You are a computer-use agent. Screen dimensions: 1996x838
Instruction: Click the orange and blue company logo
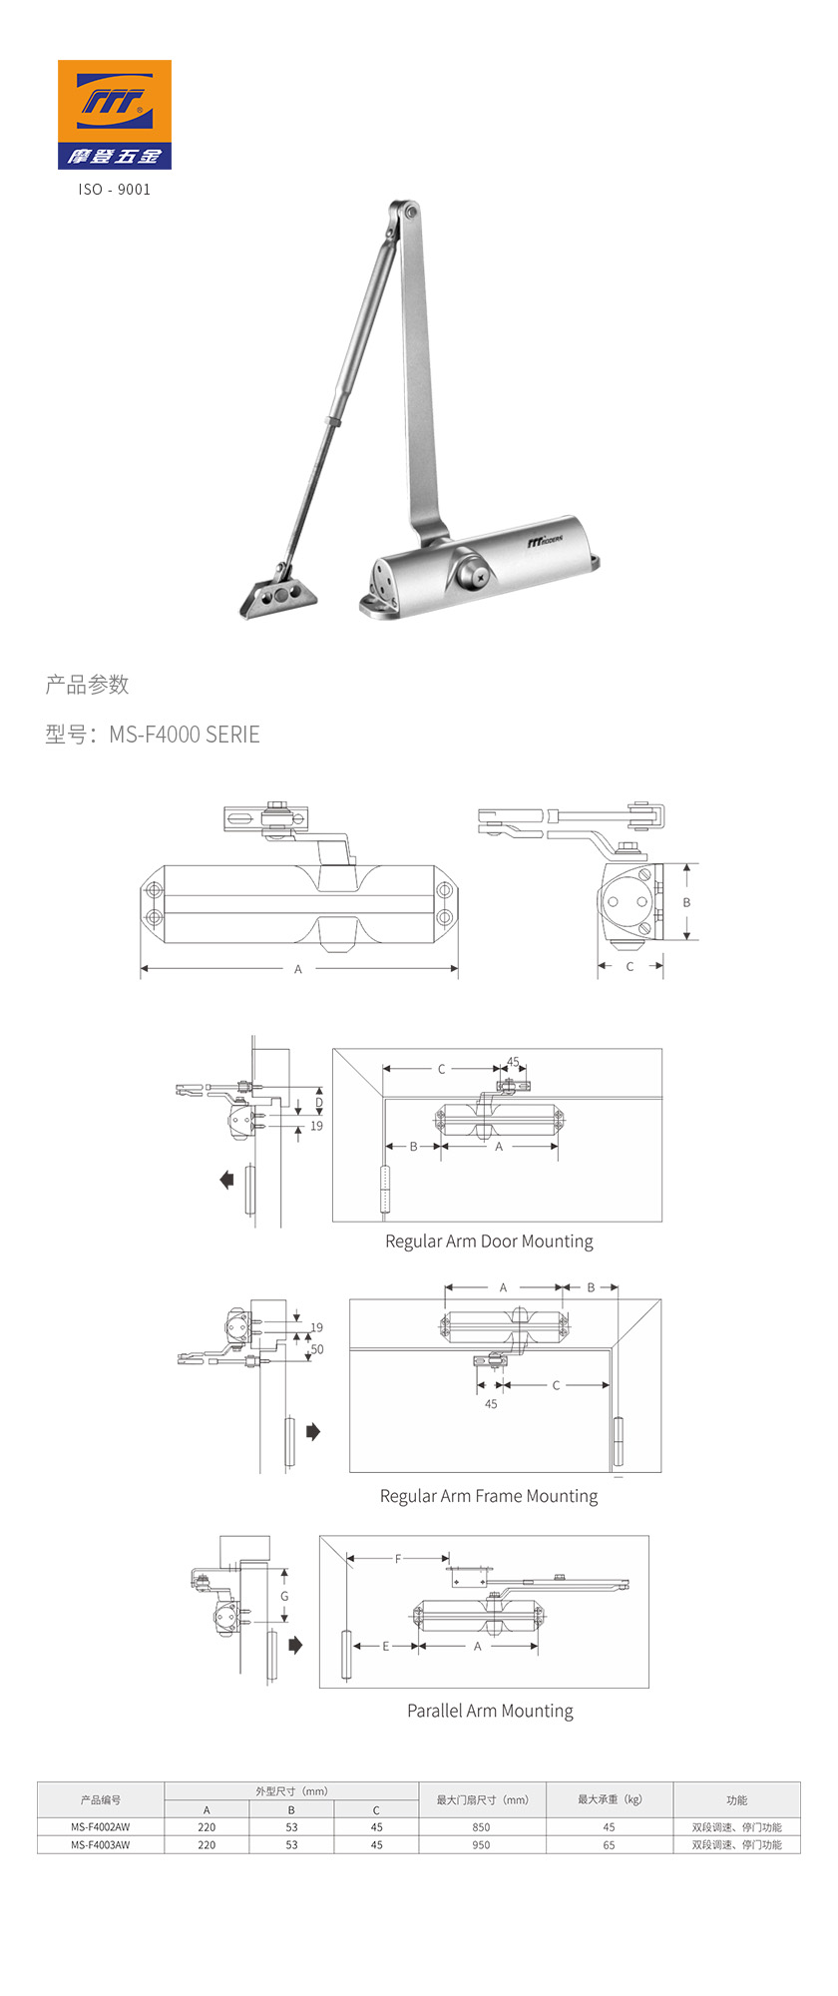[114, 114]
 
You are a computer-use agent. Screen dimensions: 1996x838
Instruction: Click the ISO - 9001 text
[114, 189]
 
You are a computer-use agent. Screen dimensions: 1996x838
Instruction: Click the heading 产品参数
[87, 685]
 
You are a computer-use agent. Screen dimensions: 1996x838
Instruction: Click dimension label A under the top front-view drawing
[297, 969]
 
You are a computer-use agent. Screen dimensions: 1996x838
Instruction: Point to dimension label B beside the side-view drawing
[686, 902]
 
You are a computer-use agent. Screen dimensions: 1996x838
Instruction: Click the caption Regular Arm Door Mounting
[489, 1242]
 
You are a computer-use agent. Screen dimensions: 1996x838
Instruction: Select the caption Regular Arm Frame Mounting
[489, 1496]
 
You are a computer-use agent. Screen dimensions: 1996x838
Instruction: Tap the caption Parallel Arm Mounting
[490, 1711]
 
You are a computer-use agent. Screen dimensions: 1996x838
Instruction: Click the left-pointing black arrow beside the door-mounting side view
[226, 1180]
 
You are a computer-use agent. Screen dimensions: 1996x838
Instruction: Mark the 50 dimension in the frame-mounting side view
[317, 1348]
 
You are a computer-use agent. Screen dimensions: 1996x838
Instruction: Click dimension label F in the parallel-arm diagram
[397, 1559]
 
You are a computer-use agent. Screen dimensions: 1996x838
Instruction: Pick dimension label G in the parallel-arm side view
[284, 1596]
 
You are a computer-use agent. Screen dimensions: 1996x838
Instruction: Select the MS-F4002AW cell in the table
[101, 1827]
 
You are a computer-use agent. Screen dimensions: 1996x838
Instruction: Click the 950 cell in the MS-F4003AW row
[481, 1845]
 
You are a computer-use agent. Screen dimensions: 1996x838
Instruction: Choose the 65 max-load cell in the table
[609, 1845]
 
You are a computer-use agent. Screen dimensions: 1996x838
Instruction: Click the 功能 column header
[736, 1800]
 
